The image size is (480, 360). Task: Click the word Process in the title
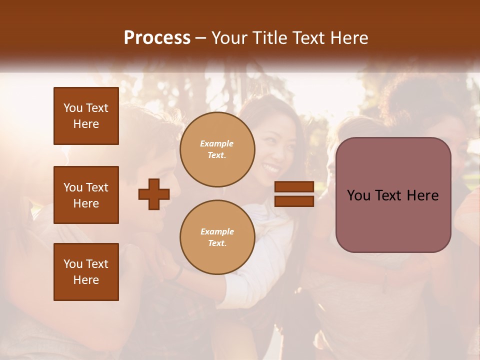pyautogui.click(x=157, y=38)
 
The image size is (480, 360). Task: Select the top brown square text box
pyautogui.click(x=86, y=116)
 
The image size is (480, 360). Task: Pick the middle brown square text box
pyautogui.click(x=86, y=195)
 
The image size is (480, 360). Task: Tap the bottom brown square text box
pyautogui.click(x=86, y=272)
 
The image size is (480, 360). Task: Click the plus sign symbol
pyautogui.click(x=154, y=194)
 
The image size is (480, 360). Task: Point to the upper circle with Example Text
pyautogui.click(x=217, y=149)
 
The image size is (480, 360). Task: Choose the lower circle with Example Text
pyautogui.click(x=217, y=237)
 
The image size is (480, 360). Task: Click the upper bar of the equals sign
pyautogui.click(x=294, y=187)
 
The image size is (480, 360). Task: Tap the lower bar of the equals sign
pyautogui.click(x=294, y=201)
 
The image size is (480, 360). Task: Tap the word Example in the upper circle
pyautogui.click(x=217, y=143)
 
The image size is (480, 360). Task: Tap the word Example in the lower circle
pyautogui.click(x=217, y=231)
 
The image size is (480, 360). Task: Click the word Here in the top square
pyautogui.click(x=86, y=124)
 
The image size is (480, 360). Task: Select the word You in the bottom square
pyautogui.click(x=72, y=264)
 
